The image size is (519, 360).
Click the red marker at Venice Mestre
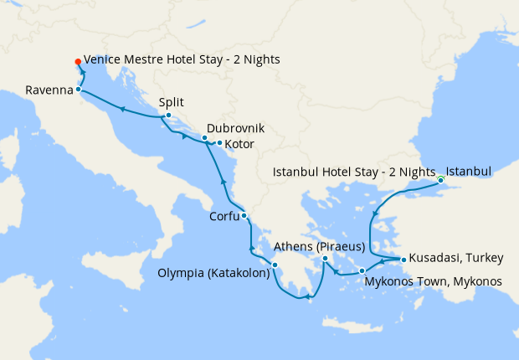77,61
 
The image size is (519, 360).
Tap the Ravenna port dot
78,89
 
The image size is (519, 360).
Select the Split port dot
168,116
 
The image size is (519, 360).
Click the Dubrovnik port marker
204,137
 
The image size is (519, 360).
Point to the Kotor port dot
219,143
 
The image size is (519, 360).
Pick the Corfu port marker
244,216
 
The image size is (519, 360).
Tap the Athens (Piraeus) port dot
325,260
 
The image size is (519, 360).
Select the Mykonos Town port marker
362,270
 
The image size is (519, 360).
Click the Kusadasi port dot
403,260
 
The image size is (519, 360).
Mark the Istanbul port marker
440,179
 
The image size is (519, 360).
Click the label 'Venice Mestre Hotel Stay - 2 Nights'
182,60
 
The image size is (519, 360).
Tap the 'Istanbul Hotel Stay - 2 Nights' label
355,172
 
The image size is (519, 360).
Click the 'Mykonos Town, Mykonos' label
434,281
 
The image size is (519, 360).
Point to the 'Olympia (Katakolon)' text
213,273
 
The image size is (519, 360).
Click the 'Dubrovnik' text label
235,128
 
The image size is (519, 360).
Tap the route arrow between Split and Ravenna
122,109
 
